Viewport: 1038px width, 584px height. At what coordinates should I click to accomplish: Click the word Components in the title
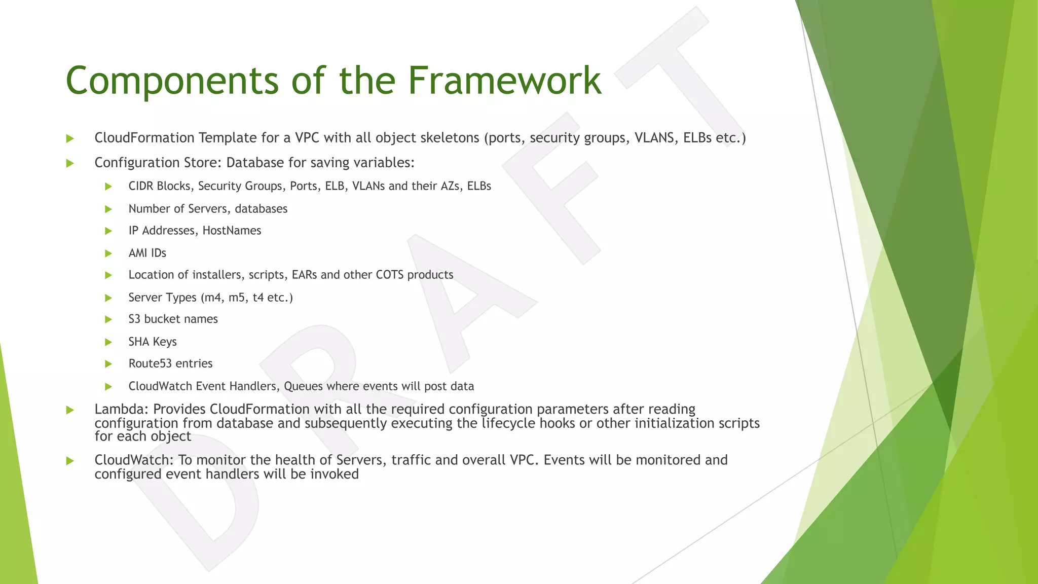pos(172,81)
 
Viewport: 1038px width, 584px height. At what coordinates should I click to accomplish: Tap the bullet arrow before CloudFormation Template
pos(70,138)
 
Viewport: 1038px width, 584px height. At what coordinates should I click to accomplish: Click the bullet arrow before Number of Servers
pos(108,209)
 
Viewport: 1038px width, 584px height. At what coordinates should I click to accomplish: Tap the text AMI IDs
pos(147,253)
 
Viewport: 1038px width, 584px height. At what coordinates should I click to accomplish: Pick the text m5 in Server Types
pos(237,298)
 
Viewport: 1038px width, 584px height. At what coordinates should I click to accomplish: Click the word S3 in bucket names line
pos(134,319)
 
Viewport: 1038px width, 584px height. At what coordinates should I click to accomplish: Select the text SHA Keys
pos(153,342)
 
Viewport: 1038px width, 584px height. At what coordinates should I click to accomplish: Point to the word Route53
pos(150,363)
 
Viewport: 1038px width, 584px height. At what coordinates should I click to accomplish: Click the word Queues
pos(303,386)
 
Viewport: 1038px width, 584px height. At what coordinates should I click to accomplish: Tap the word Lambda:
pos(121,409)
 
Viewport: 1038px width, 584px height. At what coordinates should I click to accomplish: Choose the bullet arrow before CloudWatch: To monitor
pos(70,461)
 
